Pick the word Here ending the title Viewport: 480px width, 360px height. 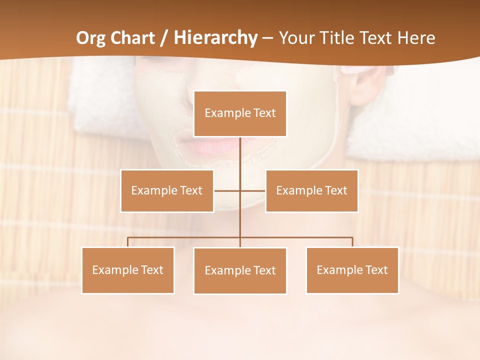[416, 38]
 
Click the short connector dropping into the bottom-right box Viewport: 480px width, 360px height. [352, 242]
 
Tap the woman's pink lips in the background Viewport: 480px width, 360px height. [205, 146]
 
